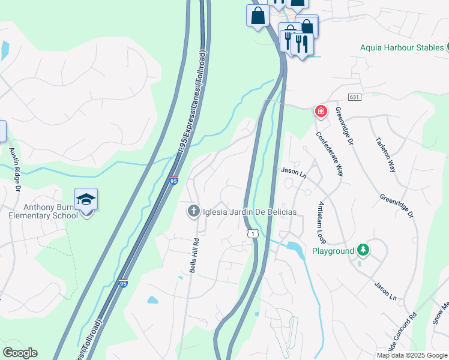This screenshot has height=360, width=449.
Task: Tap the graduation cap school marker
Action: click(x=86, y=200)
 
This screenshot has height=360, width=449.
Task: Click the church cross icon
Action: click(x=193, y=211)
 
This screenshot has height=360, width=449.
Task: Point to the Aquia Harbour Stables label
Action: click(x=402, y=47)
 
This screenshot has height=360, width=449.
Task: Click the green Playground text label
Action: click(x=332, y=250)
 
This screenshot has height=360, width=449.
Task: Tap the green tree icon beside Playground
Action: click(x=363, y=250)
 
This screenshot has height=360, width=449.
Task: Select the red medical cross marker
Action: click(x=321, y=112)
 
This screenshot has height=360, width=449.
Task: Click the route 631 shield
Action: click(x=353, y=97)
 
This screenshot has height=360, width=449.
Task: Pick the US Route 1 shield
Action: click(x=252, y=233)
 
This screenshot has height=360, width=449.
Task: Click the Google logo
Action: click(x=20, y=353)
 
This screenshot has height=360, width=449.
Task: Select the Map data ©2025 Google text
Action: click(x=412, y=355)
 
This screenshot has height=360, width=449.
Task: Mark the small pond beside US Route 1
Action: click(x=294, y=247)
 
